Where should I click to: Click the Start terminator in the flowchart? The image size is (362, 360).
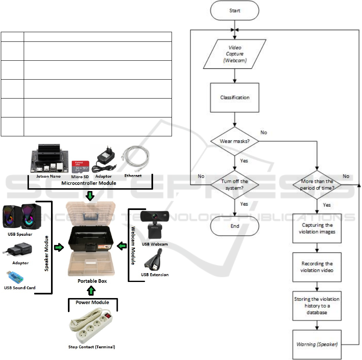click(235, 10)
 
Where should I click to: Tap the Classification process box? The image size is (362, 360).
click(235, 97)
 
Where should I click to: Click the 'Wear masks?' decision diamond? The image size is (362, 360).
click(235, 141)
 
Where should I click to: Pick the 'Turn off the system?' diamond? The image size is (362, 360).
click(235, 184)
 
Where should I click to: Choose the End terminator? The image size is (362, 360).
click(235, 226)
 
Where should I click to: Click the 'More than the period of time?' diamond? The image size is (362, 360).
click(318, 184)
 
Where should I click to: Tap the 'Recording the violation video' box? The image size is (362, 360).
click(318, 267)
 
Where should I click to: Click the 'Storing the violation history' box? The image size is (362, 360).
click(318, 305)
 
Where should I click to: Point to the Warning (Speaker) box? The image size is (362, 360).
click(318, 344)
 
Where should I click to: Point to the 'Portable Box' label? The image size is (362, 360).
click(92, 281)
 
